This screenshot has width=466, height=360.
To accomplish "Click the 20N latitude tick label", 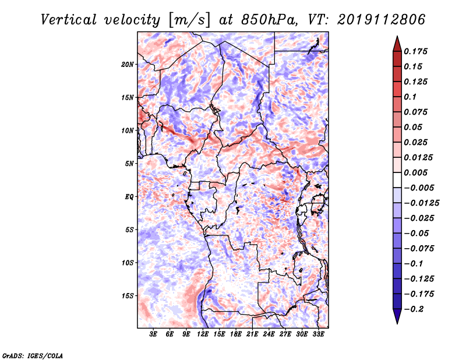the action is coord(128,65).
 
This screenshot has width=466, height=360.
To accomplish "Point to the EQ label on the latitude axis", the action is coord(129,197).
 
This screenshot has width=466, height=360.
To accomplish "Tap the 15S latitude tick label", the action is coord(128,296).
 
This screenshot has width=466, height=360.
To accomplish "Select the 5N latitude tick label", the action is coord(129,164).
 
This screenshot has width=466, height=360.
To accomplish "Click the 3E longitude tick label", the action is coord(153,334).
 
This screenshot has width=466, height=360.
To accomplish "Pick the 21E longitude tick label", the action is coord(252,334).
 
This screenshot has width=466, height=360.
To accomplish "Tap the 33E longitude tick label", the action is coord(318,334).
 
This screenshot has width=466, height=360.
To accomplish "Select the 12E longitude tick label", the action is coord(202,334).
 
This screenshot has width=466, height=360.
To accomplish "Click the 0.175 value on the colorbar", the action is coord(415,51).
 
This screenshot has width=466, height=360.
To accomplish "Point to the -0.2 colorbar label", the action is coord(414,309).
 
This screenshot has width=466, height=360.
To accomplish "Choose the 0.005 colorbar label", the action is coord(415,172).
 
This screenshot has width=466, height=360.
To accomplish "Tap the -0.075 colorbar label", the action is coord(419,249).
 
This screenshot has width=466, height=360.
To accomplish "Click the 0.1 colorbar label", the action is coord(410,97).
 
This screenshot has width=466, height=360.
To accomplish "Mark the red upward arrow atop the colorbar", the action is coord(397,44).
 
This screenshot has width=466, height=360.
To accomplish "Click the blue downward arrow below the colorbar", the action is coord(397,316).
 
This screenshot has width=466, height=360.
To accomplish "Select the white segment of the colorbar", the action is coord(397,180).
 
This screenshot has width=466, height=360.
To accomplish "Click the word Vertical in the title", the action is coord(69,20).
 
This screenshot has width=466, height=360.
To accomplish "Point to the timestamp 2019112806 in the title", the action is coord(382,20).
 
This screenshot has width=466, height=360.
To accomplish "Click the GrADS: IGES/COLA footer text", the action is coord(33,355).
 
